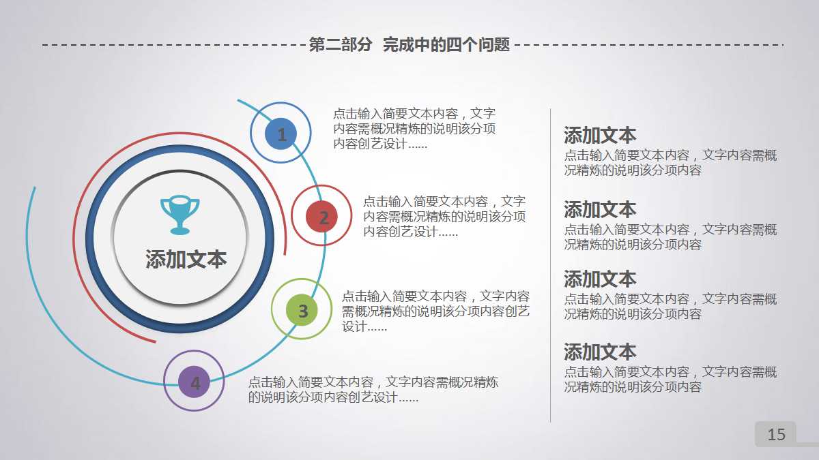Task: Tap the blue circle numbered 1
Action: click(x=281, y=134)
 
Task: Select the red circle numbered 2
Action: click(x=322, y=217)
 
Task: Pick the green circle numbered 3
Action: click(x=302, y=310)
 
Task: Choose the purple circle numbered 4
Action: click(x=195, y=382)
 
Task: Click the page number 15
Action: click(x=776, y=435)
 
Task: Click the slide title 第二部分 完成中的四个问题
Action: click(x=409, y=45)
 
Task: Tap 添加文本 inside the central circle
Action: click(x=186, y=260)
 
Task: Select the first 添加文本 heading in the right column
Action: click(x=599, y=135)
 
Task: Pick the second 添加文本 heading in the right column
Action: click(x=599, y=209)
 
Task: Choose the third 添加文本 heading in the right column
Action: click(x=599, y=279)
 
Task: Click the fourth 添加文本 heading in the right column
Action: click(x=599, y=352)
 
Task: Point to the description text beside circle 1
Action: click(x=414, y=129)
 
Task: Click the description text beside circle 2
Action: click(x=444, y=217)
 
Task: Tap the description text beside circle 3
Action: click(x=435, y=311)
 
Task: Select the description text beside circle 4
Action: click(x=373, y=390)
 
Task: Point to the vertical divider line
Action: click(x=550, y=266)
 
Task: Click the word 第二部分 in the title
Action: click(x=340, y=45)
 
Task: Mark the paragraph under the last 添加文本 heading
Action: click(x=670, y=380)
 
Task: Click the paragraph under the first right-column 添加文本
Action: click(x=670, y=163)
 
